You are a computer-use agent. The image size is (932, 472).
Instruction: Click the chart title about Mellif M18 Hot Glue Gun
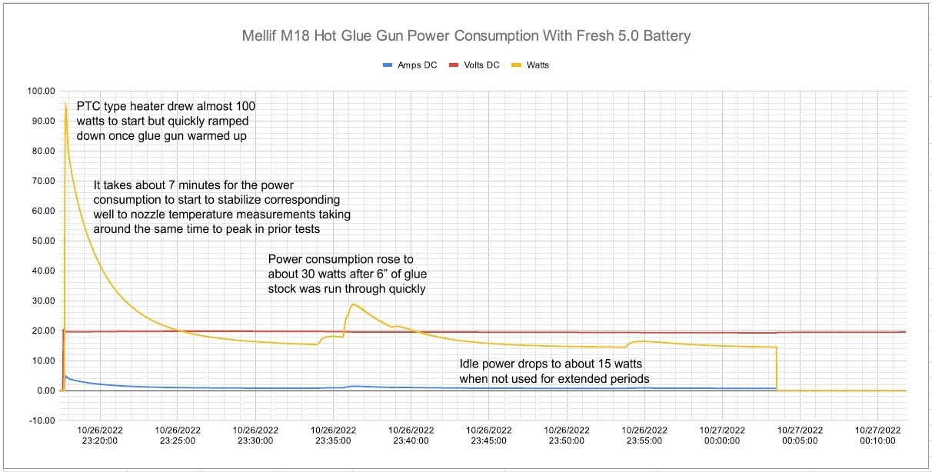pos(466,36)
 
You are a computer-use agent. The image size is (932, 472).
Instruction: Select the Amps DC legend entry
pos(410,65)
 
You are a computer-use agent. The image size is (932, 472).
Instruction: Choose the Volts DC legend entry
pos(474,65)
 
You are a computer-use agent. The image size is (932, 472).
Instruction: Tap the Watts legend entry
pos(530,65)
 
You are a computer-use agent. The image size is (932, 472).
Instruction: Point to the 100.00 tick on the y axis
pos(42,91)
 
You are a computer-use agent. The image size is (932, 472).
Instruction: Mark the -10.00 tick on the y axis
pos(42,420)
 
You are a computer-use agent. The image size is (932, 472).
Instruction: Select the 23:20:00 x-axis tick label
pos(100,435)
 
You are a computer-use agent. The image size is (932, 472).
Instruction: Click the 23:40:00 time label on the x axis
pos(411,435)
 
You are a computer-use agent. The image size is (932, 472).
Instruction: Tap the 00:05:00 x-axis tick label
pos(800,435)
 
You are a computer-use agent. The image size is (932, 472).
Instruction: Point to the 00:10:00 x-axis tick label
pos(878,435)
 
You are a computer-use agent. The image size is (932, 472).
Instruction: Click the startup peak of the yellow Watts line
pos(65,103)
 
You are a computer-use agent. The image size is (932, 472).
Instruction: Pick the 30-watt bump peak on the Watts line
pos(353,304)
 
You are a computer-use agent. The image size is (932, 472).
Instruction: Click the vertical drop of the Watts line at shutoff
pos(777,369)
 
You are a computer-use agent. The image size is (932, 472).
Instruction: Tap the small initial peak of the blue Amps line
pos(65,377)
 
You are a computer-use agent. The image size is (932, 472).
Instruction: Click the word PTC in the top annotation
pos(88,106)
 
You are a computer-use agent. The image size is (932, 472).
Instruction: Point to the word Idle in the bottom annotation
pos(470,364)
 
